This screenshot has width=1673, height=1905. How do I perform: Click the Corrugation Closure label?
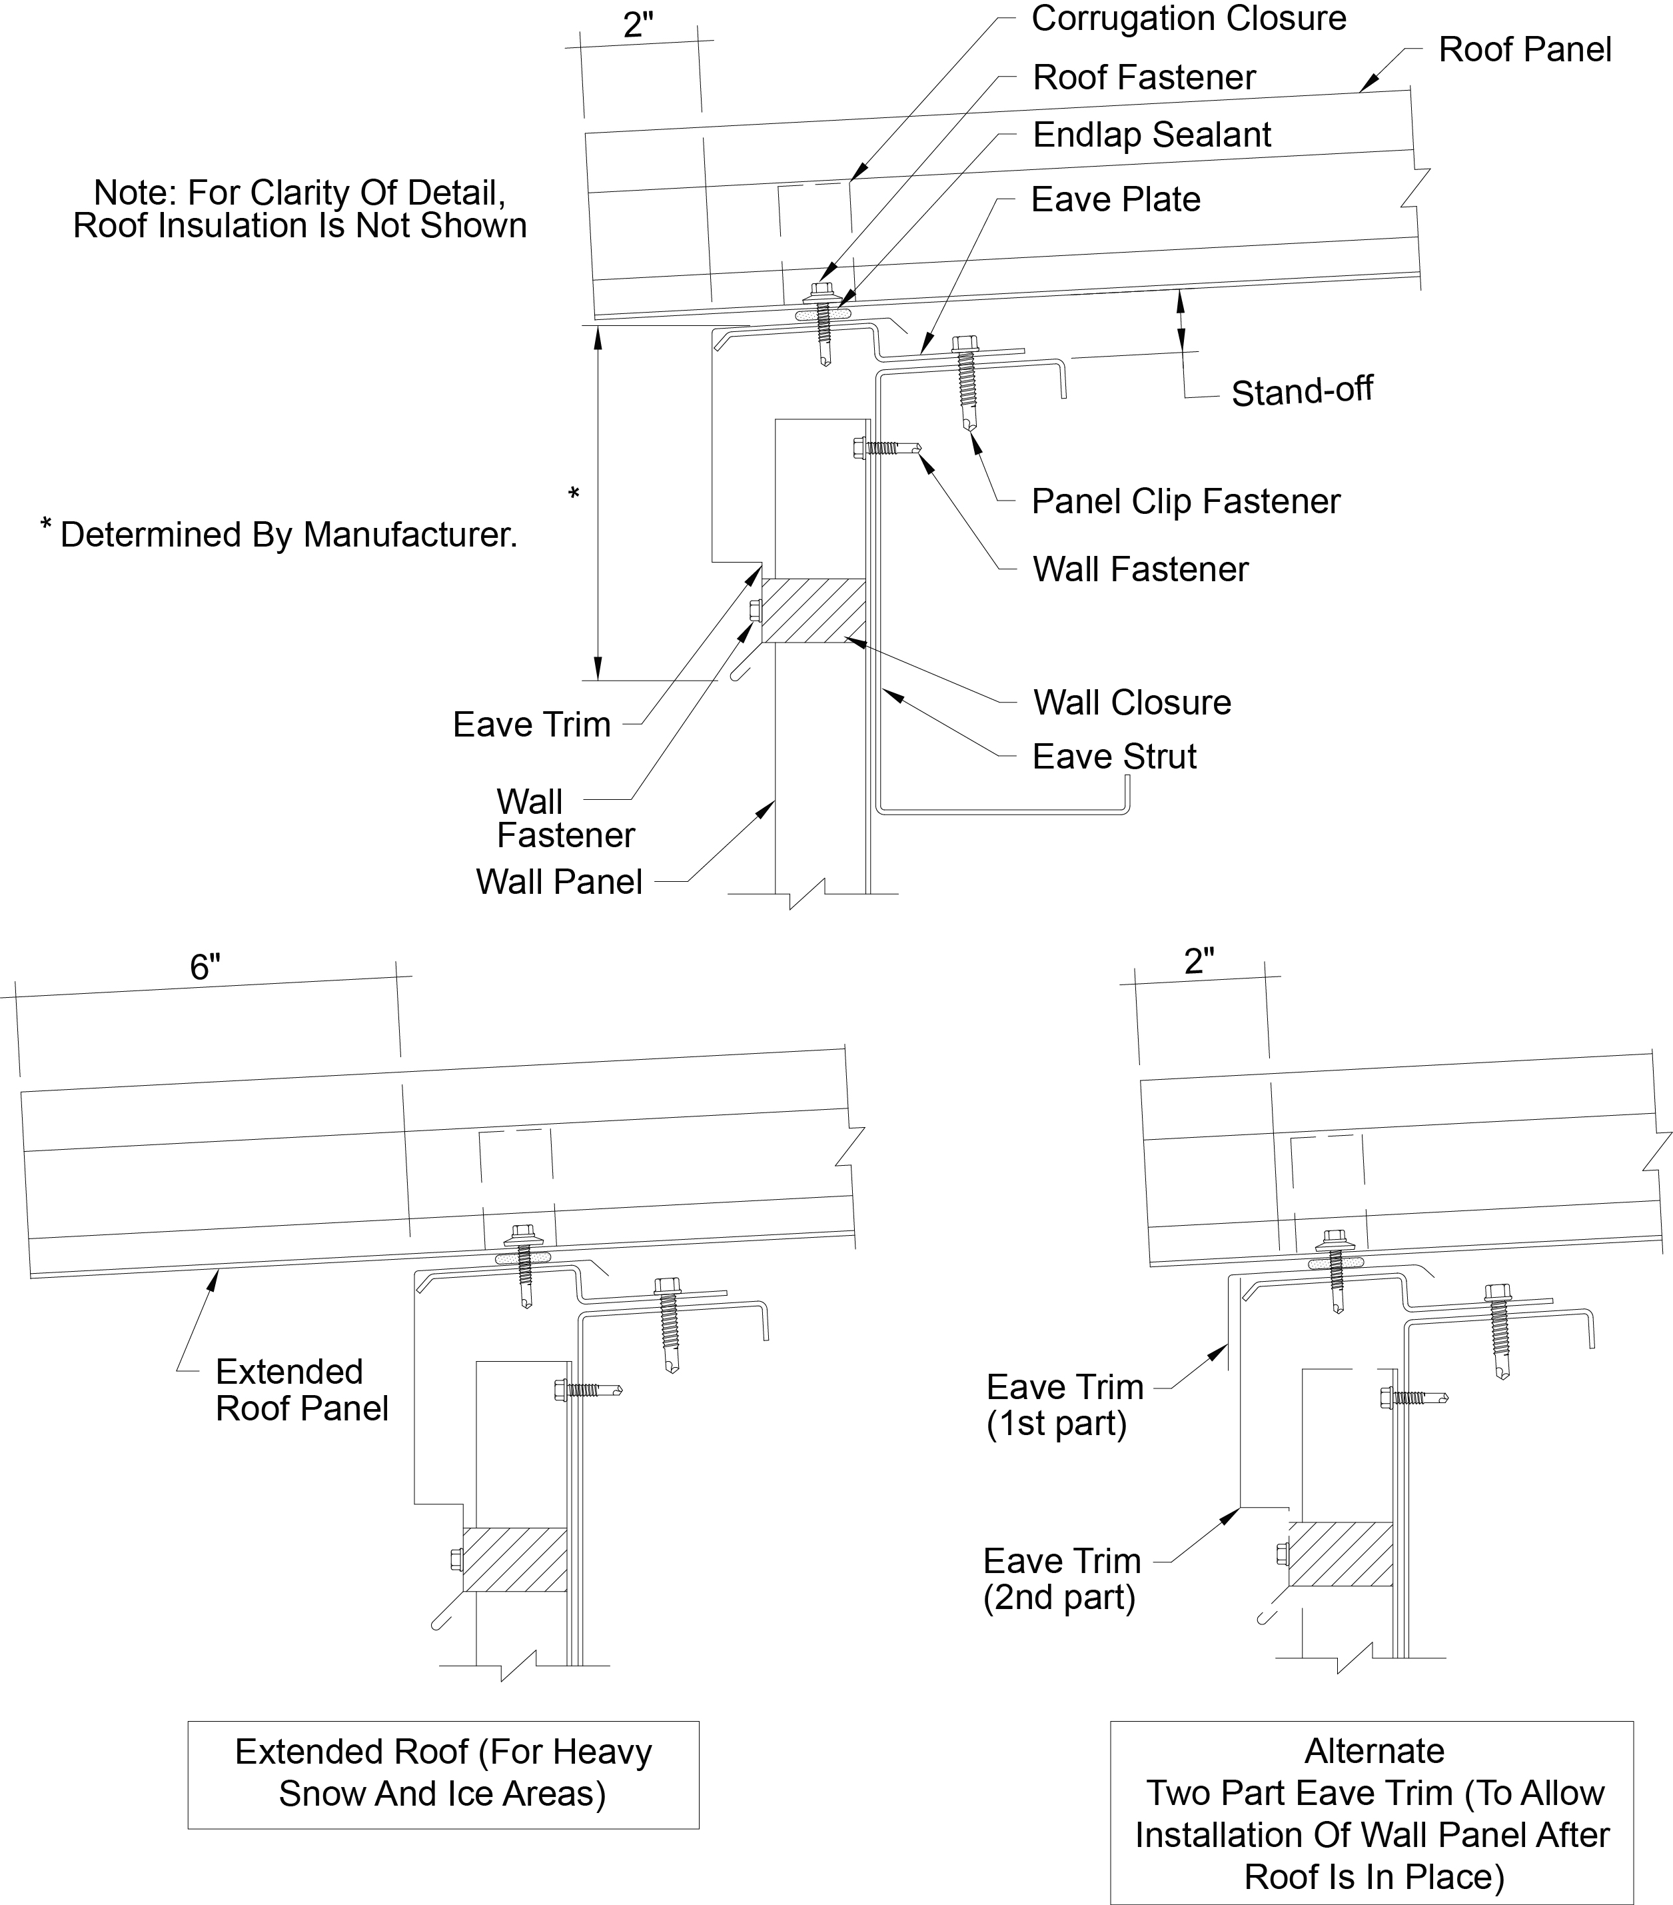[1188, 19]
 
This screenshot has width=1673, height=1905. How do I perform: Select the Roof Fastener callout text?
[1144, 77]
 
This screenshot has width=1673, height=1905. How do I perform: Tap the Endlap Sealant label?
[1151, 135]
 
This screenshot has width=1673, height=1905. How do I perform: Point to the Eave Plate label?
[1115, 199]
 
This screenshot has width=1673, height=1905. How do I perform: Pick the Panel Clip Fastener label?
[1185, 501]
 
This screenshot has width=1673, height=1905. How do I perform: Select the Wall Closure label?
[1132, 703]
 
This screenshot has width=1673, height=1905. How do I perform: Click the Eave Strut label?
[1114, 757]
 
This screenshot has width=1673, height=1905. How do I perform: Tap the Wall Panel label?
[559, 882]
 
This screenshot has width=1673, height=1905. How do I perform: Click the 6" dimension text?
[205, 967]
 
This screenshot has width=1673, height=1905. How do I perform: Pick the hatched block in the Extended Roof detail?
[514, 1559]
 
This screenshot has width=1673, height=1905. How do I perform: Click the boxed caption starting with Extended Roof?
[442, 1772]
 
